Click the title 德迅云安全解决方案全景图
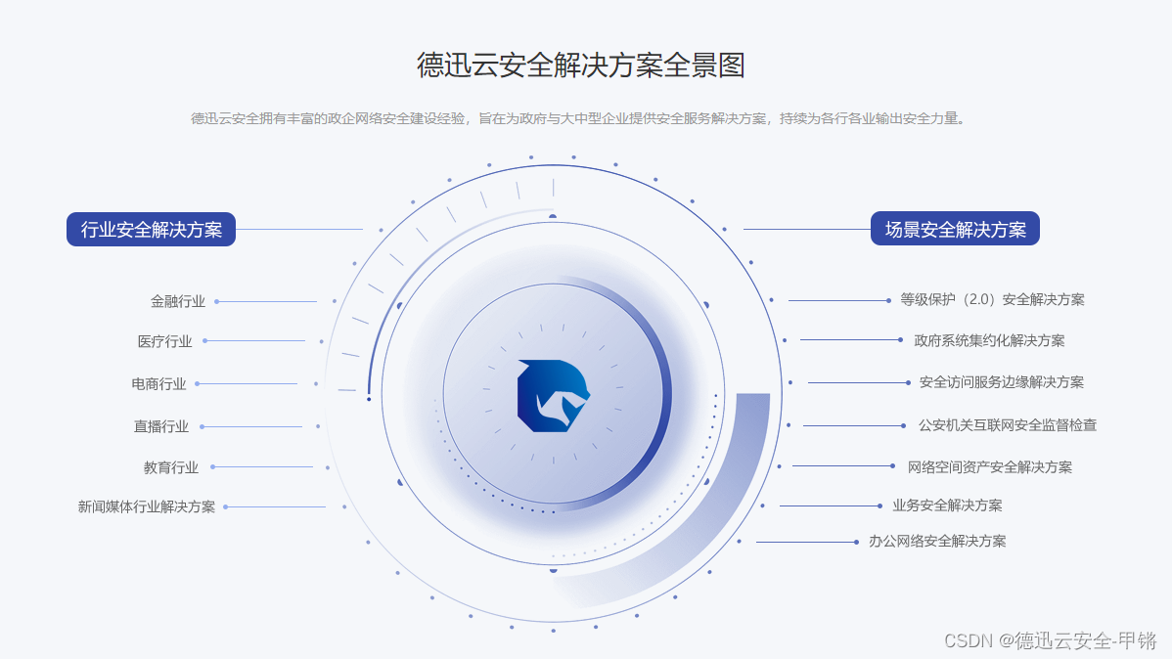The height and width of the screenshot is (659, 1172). (581, 66)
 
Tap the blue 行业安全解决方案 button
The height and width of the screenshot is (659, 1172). (152, 230)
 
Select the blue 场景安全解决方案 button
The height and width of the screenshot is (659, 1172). (955, 230)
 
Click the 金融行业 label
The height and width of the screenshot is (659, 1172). (178, 301)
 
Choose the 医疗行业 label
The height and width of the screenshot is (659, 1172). (165, 341)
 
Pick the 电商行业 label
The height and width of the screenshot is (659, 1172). (158, 384)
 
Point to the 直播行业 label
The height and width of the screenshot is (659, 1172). (161, 426)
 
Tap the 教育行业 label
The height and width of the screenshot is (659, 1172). (171, 467)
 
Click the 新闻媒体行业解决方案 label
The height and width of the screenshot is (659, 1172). (147, 506)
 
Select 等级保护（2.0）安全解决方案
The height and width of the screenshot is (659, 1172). (992, 300)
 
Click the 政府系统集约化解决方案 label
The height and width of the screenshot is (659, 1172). (989, 340)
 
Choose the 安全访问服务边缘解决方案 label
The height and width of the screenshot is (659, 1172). (1002, 382)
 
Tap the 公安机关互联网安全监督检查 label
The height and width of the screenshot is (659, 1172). (1008, 425)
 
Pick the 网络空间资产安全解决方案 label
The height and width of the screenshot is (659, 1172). (990, 466)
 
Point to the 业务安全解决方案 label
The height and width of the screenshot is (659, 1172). (947, 505)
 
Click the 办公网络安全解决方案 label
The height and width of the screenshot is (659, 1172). (937, 541)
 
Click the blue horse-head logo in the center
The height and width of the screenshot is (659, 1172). (554, 395)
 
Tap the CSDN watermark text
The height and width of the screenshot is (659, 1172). (1050, 640)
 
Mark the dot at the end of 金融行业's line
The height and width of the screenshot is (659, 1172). (216, 301)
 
